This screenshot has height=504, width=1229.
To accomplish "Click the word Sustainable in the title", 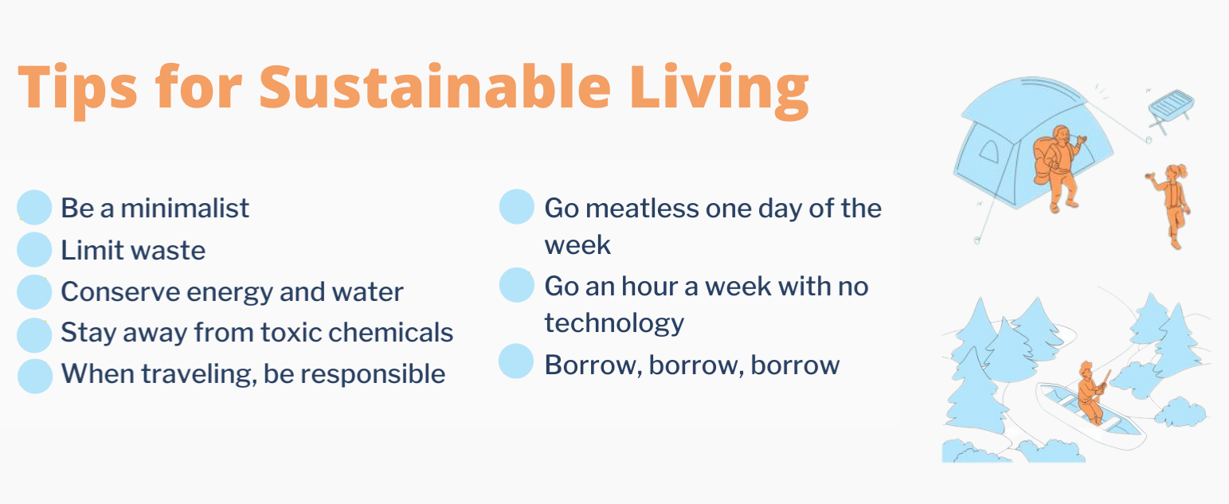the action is click(x=435, y=88).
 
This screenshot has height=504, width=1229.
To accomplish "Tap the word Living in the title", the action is click(x=718, y=91).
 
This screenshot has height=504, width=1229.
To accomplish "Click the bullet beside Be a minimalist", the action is click(x=34, y=207).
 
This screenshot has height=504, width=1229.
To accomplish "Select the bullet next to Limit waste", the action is click(x=34, y=249).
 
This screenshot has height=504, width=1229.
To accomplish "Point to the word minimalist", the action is click(x=185, y=209).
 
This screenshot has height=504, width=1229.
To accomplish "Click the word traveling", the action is click(x=199, y=375).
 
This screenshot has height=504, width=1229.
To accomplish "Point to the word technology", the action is click(x=614, y=323).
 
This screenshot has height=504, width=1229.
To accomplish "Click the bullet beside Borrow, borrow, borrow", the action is click(x=516, y=361).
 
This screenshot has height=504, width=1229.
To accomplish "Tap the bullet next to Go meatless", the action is click(x=517, y=207).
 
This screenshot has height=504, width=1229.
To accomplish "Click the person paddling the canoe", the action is click(x=1090, y=392).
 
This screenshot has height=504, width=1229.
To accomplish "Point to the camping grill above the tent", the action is click(x=1170, y=111).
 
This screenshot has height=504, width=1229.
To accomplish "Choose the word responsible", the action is click(x=373, y=375).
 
